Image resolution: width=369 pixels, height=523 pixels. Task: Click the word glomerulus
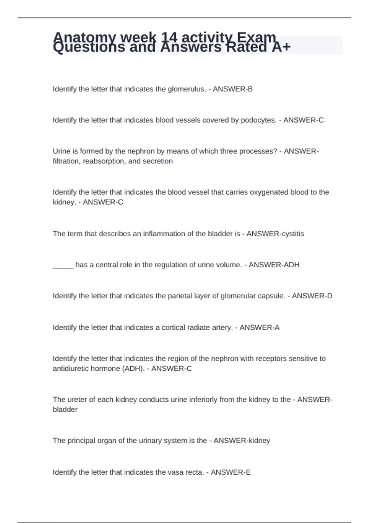(187, 89)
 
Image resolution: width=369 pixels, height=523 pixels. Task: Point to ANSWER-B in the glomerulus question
(233, 89)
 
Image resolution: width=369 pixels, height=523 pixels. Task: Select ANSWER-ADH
(274, 265)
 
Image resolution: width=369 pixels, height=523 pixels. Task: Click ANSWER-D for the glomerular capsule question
(312, 296)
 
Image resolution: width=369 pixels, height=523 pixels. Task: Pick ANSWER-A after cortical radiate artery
(260, 328)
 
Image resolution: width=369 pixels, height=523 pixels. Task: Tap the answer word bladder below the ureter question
(65, 410)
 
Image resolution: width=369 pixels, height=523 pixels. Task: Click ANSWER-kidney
(242, 441)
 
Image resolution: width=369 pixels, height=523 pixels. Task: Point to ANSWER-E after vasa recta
(231, 472)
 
